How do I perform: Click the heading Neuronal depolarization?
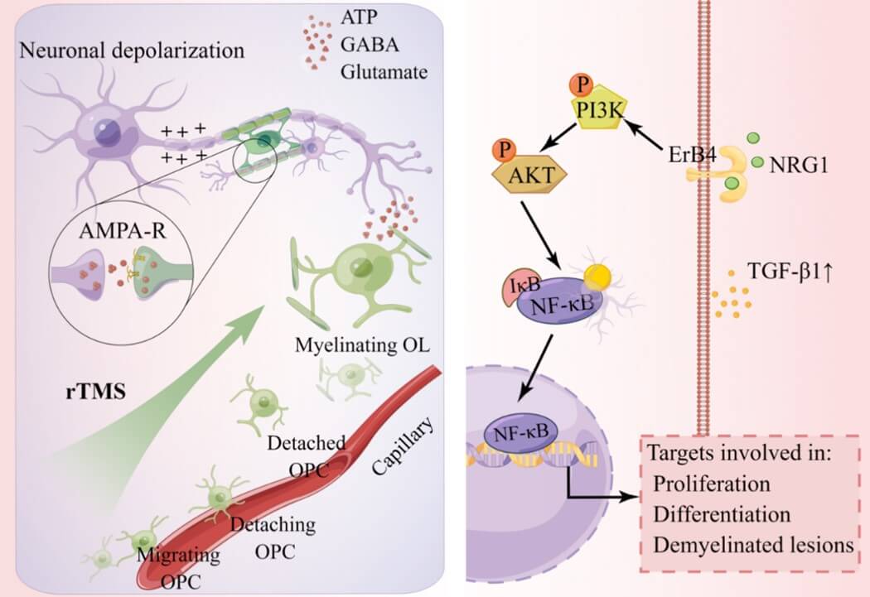tap(133, 50)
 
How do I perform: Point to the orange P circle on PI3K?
tap(581, 85)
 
